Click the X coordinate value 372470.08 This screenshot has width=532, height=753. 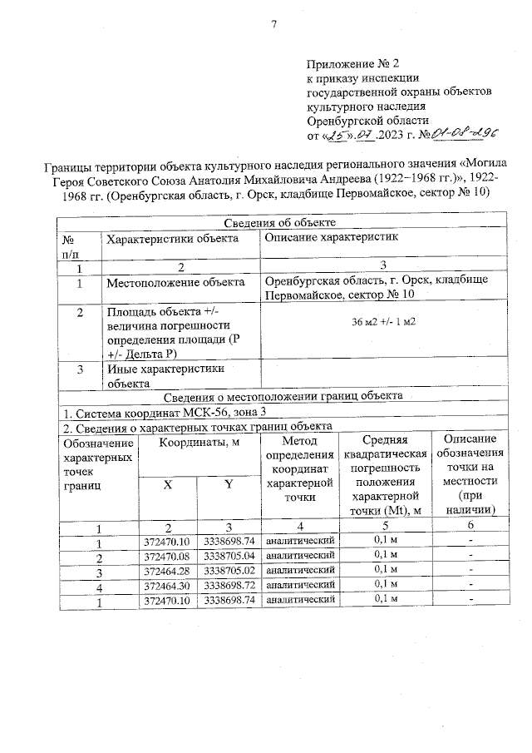[x=168, y=555]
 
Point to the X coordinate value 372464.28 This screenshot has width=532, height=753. [x=168, y=570]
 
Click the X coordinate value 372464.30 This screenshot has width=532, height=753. [x=168, y=585]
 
